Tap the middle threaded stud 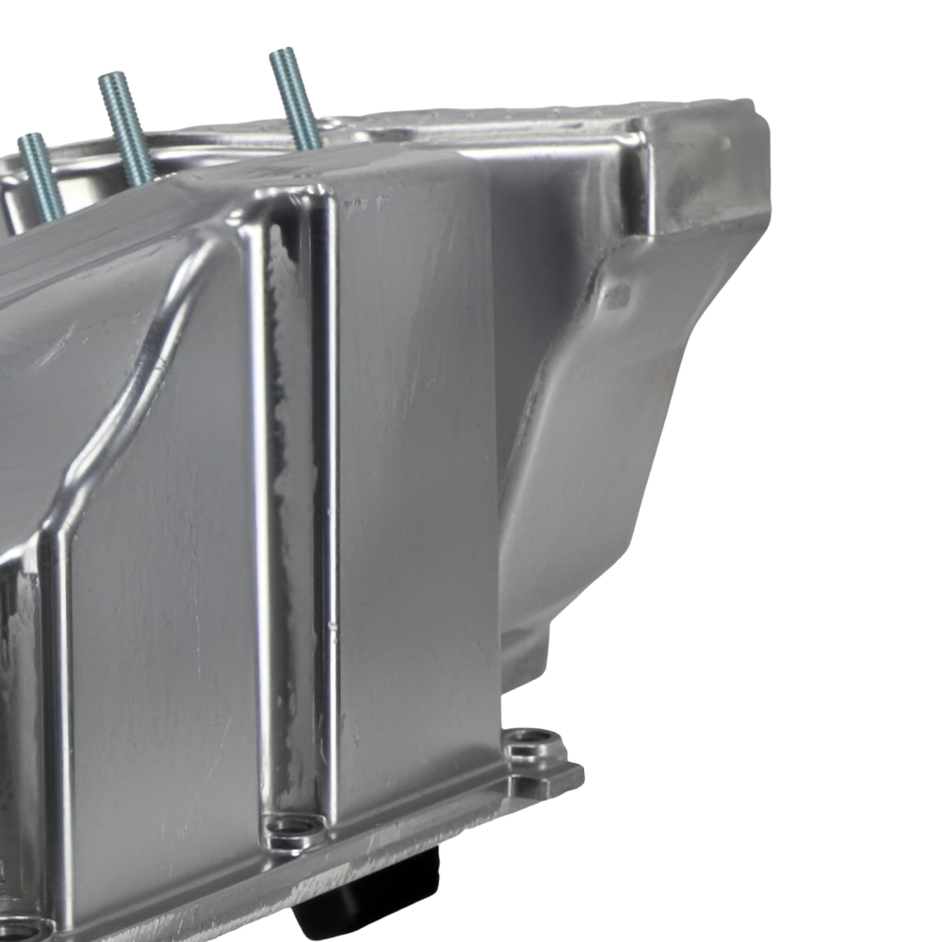[126, 127]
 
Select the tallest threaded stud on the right [295, 99]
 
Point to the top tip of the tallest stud [281, 54]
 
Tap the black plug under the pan [372, 890]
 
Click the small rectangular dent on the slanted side [616, 297]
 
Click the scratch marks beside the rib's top [363, 203]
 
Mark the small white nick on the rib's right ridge [331, 623]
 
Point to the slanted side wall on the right [603, 452]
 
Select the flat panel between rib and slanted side [414, 471]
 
